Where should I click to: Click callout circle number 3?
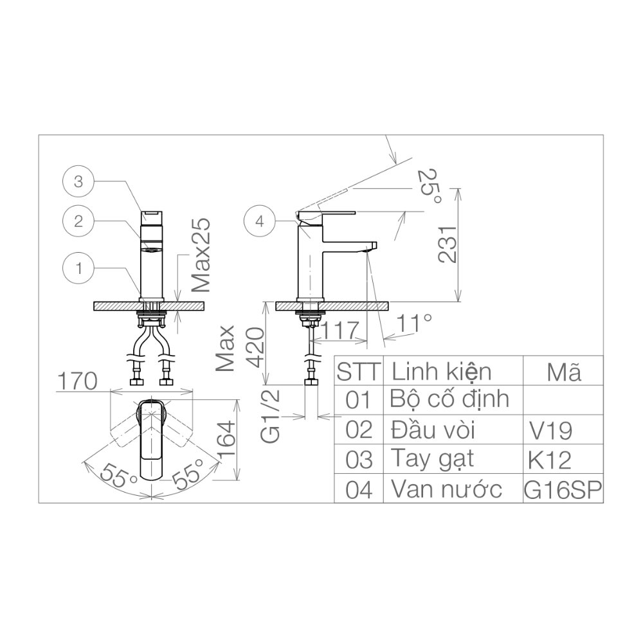point(78,182)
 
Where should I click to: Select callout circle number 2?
point(78,222)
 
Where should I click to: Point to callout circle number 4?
point(259,221)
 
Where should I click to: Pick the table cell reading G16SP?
point(563,490)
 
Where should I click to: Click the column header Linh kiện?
point(442,372)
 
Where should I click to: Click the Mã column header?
point(563,372)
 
